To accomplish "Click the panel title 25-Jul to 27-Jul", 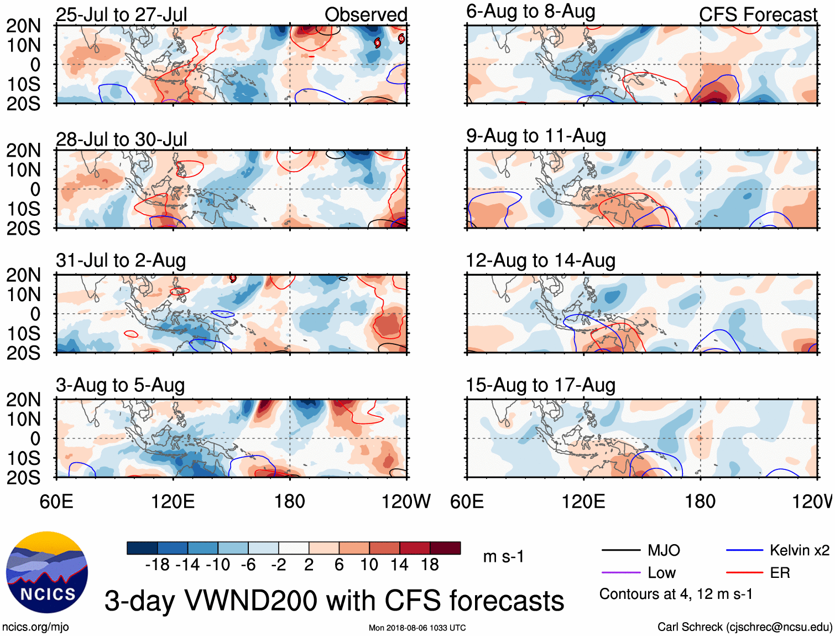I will point(121,14).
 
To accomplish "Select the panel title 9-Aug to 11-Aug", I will point(536,136).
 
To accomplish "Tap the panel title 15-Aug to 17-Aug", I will point(540,385).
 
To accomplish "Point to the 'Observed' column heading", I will point(366,14).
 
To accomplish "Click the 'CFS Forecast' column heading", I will point(758,14).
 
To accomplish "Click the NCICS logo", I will point(47,572).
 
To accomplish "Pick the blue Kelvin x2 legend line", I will point(744,550).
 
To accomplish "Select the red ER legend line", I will point(744,573).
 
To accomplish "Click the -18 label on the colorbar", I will point(157,565).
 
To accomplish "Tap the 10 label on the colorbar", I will point(369,565).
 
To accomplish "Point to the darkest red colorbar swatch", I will point(445,548).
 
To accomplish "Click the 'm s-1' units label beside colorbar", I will point(503,556).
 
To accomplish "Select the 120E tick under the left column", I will point(173,501).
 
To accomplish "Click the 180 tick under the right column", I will point(700,501).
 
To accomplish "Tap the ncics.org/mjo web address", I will point(35,627).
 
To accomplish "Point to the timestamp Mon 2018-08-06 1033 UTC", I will point(417,628).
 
